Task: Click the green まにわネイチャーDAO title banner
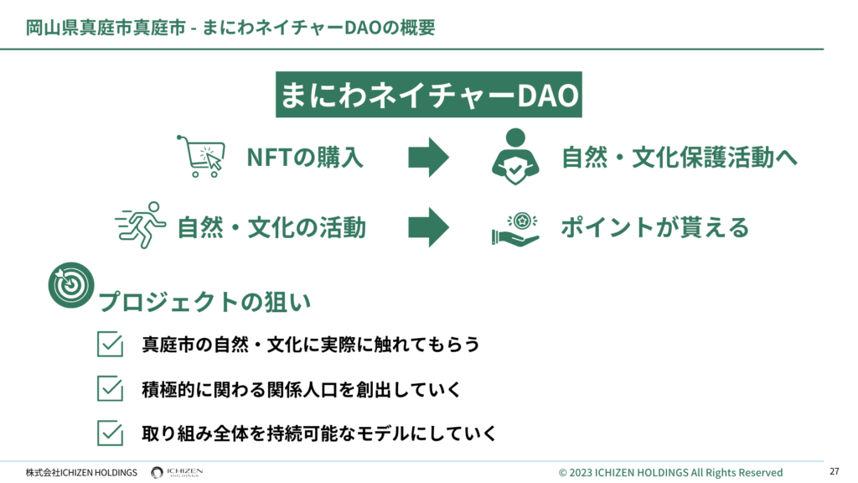coord(428,94)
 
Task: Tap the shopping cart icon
coord(201,156)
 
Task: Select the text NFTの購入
coord(305,157)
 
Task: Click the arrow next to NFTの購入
coord(428,157)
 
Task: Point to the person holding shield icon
coord(515,157)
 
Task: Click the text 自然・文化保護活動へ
coord(680,157)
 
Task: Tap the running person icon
coord(141,225)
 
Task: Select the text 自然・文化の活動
coord(272,227)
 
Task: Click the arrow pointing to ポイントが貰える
coord(428,227)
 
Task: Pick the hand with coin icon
coord(515,228)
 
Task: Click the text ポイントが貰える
coord(655,227)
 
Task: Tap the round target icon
coord(71,285)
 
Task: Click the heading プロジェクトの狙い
coord(204,302)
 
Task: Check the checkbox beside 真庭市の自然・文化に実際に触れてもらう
coord(110,344)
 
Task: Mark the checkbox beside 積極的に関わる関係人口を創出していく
coord(110,388)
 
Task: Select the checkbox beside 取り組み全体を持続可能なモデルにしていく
coord(110,433)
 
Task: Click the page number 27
coord(834,471)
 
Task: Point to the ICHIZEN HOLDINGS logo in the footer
coord(177,472)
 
